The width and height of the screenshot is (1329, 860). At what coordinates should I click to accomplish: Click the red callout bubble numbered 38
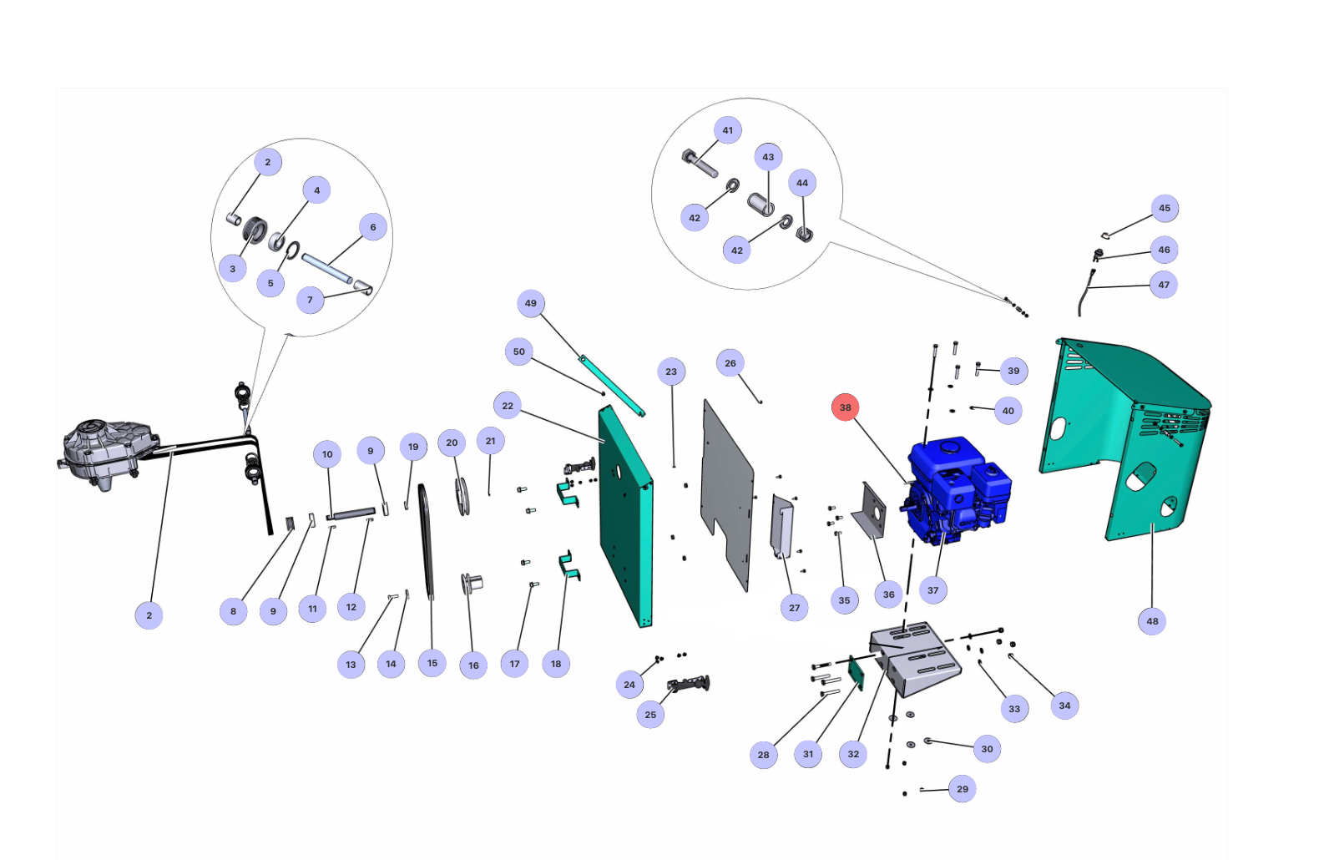845,407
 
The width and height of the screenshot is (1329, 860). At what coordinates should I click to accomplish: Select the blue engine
957,490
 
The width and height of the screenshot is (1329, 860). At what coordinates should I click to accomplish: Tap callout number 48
1151,621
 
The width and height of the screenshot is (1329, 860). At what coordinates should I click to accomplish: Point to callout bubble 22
508,406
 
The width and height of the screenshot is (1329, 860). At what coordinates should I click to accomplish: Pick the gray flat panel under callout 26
727,494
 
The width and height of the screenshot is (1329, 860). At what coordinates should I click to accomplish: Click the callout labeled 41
727,130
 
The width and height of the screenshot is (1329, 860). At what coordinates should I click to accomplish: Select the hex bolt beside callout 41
700,163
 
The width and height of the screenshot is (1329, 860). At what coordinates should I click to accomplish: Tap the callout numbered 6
372,227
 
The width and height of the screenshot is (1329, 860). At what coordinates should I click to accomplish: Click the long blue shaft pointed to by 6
327,268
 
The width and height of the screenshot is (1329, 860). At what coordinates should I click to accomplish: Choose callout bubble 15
432,663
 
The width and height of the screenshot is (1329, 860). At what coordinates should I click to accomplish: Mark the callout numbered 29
962,789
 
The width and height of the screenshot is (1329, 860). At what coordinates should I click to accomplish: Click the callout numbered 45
1164,209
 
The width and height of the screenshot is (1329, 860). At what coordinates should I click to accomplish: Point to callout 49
530,303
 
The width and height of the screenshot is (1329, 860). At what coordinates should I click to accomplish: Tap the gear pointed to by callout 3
255,230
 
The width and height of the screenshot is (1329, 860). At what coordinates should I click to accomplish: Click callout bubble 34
1064,705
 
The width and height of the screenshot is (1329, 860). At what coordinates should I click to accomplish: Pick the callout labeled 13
351,664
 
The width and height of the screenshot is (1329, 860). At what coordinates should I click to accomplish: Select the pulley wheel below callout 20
462,497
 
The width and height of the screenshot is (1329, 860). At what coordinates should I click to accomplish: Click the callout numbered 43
768,157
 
